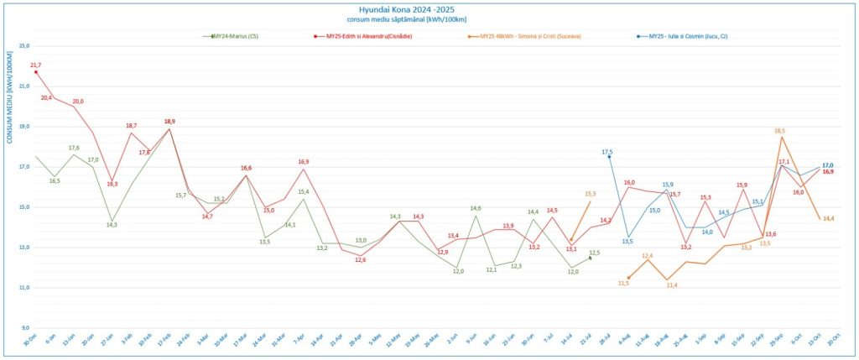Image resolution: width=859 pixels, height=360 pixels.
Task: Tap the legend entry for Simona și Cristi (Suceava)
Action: point(529,36)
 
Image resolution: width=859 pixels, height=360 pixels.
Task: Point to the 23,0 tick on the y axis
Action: point(23,46)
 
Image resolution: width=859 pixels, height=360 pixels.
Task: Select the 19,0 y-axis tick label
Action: point(23,127)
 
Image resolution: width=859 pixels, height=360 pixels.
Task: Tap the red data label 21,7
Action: point(35,65)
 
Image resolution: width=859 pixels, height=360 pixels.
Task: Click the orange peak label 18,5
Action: point(779,131)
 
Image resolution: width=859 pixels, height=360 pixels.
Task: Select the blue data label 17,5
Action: point(607,152)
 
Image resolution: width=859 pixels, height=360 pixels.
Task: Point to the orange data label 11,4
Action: point(672,285)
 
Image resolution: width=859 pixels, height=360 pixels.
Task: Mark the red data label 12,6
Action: point(360,259)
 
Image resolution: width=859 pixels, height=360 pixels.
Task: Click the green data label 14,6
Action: point(476,208)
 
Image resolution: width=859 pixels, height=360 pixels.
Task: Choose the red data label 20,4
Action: point(47,97)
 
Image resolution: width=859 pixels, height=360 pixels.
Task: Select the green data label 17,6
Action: point(74,148)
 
